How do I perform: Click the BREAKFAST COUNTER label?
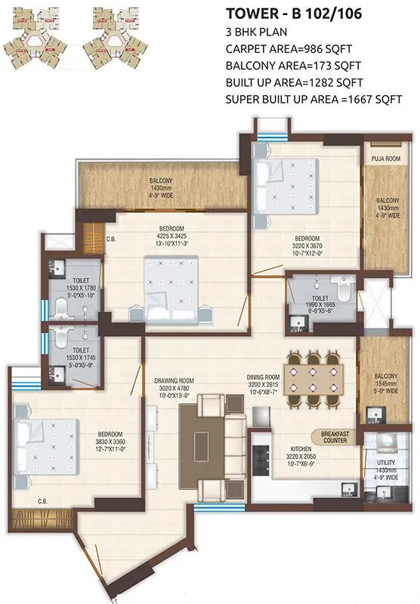coord(338,439)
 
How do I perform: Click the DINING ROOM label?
coord(263,375)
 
